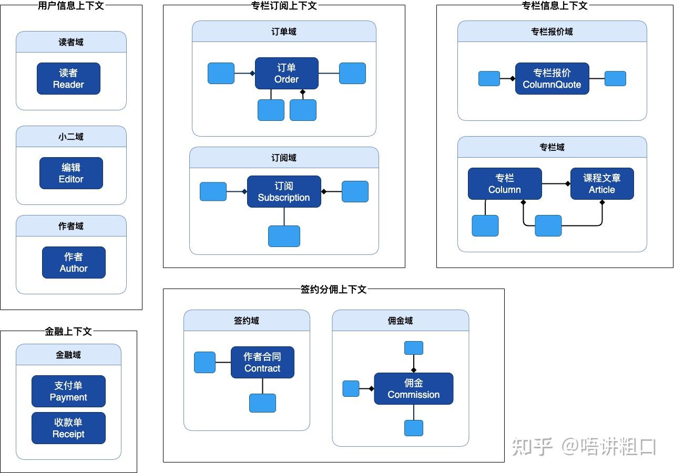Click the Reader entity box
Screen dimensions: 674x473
[x=68, y=78]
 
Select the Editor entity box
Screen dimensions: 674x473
[x=71, y=173]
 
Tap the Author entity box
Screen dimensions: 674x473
[x=74, y=262]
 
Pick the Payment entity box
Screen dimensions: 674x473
[x=68, y=391]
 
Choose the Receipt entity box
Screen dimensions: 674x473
[x=68, y=428]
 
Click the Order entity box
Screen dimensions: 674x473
[x=287, y=74]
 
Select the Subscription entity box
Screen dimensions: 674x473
[x=284, y=191]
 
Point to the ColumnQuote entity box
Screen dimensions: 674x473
[x=552, y=78]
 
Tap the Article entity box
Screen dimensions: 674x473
[x=602, y=184]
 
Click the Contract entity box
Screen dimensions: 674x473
[x=262, y=362]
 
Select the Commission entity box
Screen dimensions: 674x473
[x=414, y=388]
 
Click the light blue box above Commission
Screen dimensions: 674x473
[x=414, y=348]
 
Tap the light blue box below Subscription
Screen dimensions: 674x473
[x=284, y=236]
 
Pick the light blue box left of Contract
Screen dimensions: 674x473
[x=205, y=362]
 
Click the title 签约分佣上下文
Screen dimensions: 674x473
[x=334, y=289]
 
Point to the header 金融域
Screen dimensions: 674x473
[x=68, y=355]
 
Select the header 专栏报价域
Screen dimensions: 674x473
[x=552, y=32]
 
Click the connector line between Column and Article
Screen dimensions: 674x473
[x=556, y=184]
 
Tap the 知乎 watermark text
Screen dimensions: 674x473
[x=532, y=447]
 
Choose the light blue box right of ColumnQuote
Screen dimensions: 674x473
[x=615, y=78]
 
